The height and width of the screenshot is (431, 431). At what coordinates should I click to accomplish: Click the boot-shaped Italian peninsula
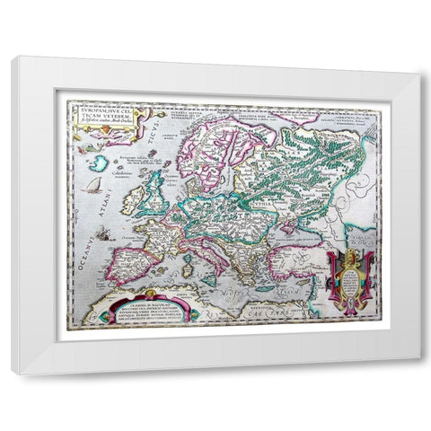(214, 255)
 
